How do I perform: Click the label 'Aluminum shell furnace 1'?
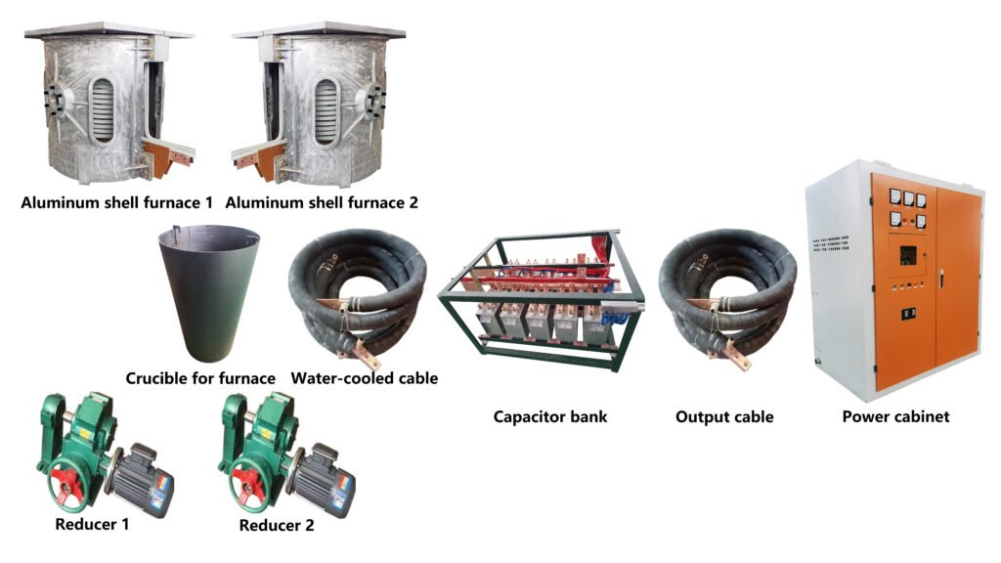point(117,203)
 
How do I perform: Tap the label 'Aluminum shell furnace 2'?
point(322,203)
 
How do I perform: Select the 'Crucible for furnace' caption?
point(200,378)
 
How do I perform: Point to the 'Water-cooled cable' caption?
point(365,378)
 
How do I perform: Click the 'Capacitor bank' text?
point(550,417)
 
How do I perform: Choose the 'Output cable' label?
point(724,417)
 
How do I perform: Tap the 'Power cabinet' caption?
point(895,417)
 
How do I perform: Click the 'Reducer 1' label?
point(92,525)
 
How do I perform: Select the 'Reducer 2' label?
point(277,526)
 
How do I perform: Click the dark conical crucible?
point(209,293)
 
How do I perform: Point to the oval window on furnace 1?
point(102,109)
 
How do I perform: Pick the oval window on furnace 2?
point(326,111)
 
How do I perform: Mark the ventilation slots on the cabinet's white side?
point(831,243)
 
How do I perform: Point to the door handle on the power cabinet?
point(941,279)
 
